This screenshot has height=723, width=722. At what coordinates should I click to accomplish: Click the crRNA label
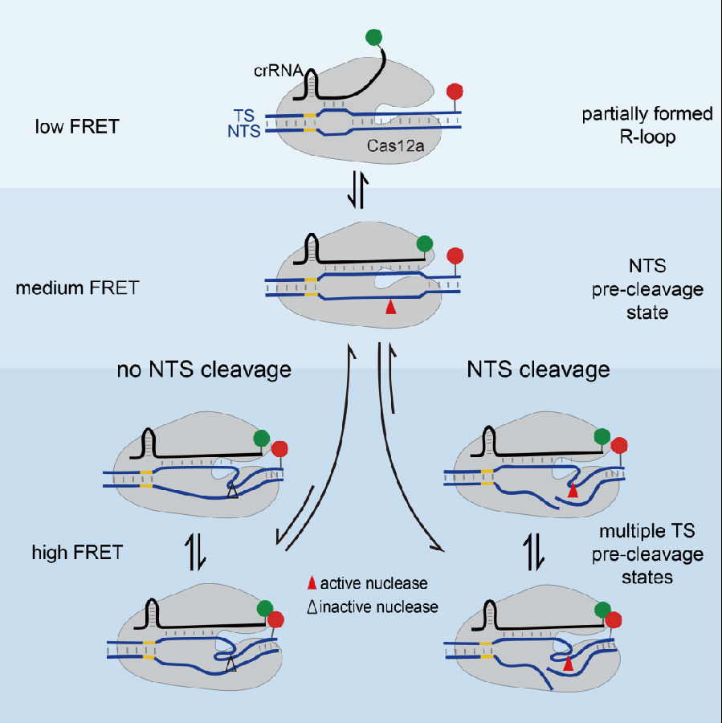point(280,71)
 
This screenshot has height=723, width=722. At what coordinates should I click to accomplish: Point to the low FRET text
point(76,126)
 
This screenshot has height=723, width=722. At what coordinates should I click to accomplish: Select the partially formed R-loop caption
point(647,125)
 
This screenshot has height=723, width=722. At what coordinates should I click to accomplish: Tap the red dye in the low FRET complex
point(455,91)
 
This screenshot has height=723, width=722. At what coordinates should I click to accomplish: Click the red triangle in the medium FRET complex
point(390,306)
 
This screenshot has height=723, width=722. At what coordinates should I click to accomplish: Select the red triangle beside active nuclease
point(311,582)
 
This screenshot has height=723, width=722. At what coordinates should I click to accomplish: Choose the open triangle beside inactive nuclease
point(311,607)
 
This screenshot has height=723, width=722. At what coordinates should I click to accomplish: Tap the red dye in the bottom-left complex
point(277,619)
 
